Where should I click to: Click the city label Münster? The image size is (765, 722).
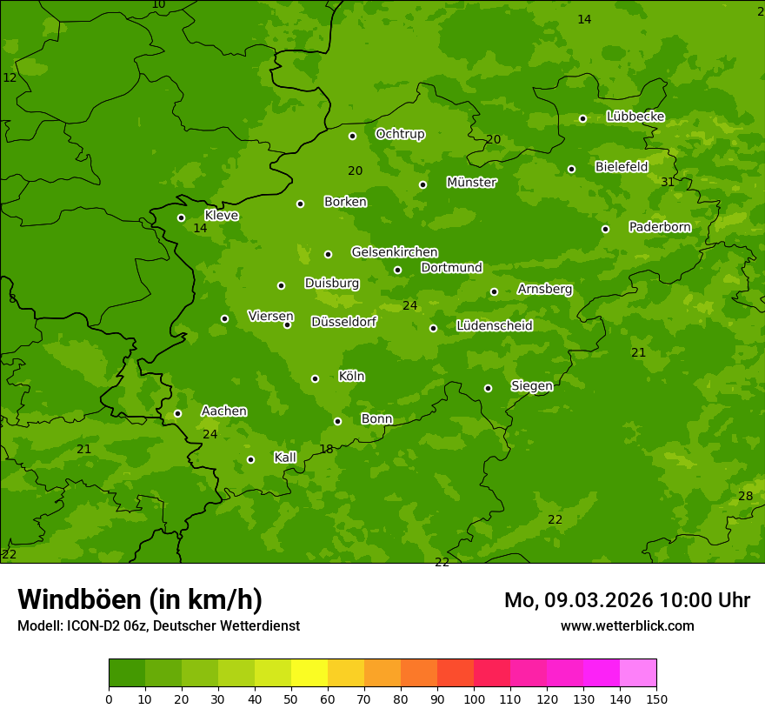tap(471, 183)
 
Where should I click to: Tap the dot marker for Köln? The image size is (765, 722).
tap(315, 378)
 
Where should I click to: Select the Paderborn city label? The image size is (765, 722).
tap(660, 227)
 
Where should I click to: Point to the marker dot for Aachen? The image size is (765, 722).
tap(177, 413)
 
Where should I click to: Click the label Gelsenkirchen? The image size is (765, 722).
tap(394, 252)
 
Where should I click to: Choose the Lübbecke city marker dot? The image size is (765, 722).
tap(582, 118)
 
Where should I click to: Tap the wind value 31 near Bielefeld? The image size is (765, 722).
tap(667, 182)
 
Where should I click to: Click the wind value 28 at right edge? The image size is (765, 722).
tap(745, 496)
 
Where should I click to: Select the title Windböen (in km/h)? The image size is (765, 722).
tap(140, 599)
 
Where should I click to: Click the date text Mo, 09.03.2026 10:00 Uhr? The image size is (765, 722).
tap(627, 600)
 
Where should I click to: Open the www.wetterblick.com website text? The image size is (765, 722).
tap(627, 625)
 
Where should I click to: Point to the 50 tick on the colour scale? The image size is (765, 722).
tap(291, 699)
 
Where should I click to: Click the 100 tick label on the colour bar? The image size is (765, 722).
tap(474, 699)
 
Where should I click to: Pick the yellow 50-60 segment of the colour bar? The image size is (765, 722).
tap(309, 673)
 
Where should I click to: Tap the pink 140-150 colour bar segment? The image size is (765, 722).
tap(638, 673)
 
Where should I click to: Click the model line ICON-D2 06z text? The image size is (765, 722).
tap(158, 625)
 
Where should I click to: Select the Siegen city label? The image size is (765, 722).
tap(531, 385)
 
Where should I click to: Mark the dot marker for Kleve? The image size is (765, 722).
tap(181, 217)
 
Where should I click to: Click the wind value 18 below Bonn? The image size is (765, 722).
tap(326, 450)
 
